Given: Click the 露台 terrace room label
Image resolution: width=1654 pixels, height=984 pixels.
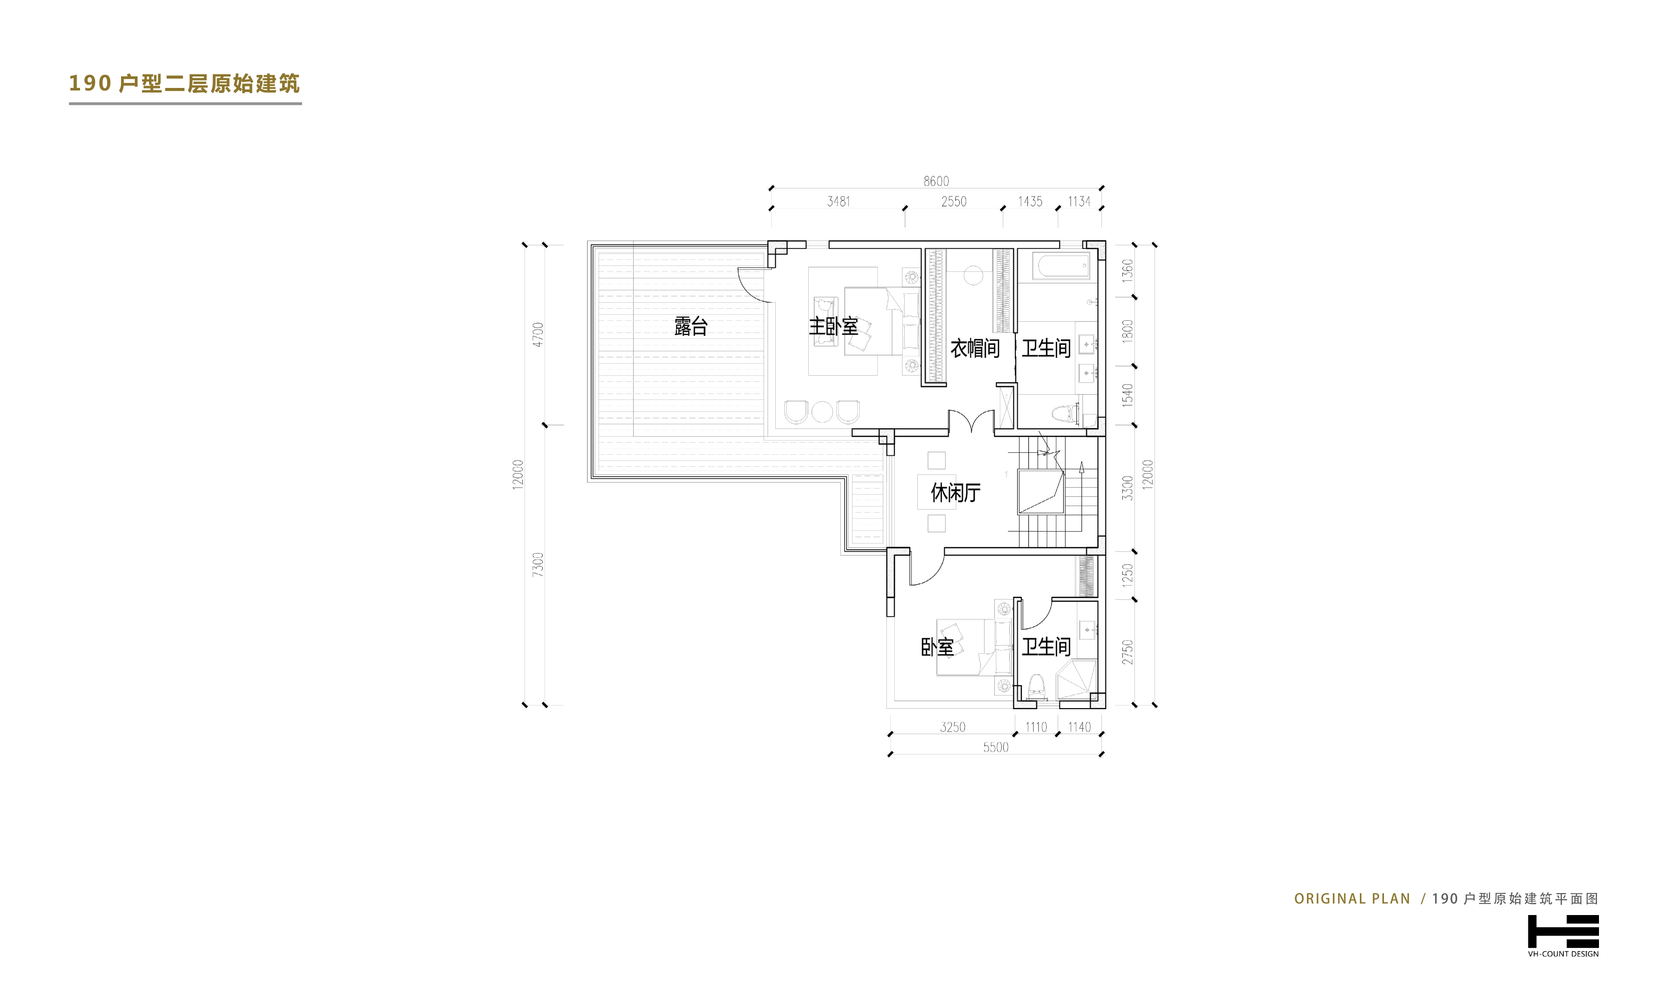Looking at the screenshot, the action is [691, 326].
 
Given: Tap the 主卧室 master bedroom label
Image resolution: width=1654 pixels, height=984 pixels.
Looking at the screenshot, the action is [833, 326].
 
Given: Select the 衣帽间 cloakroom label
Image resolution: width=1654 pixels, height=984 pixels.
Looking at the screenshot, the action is [975, 348].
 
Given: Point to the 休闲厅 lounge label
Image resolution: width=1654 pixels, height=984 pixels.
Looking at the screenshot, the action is [955, 493].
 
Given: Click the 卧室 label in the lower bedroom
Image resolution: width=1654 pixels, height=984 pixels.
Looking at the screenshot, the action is [937, 647].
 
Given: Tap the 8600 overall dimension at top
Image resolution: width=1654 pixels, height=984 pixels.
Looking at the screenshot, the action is [936, 181].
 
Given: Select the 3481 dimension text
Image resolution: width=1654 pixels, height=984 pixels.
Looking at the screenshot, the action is [839, 201].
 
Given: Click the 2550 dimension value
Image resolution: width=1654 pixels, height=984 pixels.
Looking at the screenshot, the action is [954, 201].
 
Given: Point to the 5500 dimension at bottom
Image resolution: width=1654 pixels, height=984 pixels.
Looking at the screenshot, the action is [995, 747].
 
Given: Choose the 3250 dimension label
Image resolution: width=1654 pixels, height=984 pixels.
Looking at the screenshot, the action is [953, 727].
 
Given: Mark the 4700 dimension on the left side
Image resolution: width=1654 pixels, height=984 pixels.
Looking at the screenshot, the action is [538, 335].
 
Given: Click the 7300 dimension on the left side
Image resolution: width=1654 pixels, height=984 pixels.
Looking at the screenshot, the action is [538, 564].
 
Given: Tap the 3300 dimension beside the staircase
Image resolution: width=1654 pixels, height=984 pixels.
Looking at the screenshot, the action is [1127, 488].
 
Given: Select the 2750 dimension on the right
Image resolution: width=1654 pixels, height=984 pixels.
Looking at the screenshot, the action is [1127, 652].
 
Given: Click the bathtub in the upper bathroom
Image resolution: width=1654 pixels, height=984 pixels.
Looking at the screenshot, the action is [1061, 266].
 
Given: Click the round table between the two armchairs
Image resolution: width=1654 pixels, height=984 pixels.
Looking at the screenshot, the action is [822, 412].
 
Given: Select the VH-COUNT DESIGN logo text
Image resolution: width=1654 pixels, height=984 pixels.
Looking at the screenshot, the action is [1563, 954].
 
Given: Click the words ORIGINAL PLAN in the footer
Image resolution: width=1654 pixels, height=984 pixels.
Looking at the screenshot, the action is [1352, 899].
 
